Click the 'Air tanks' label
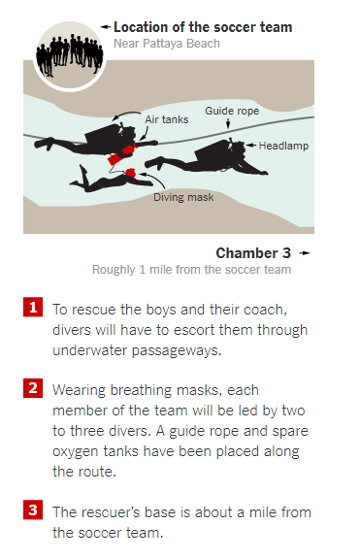167,119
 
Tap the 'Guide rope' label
232,111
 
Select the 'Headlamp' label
283,146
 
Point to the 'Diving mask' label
183,197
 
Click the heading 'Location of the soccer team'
203,27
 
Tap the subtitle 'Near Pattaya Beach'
167,44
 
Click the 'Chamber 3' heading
253,253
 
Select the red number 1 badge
33,307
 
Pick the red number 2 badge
33,388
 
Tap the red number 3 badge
33,510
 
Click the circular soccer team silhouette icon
70,56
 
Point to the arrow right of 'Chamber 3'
305,253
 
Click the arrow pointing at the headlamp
251,146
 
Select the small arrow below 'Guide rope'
228,123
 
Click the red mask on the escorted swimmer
130,173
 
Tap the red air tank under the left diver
115,158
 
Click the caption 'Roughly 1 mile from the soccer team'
192,270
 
